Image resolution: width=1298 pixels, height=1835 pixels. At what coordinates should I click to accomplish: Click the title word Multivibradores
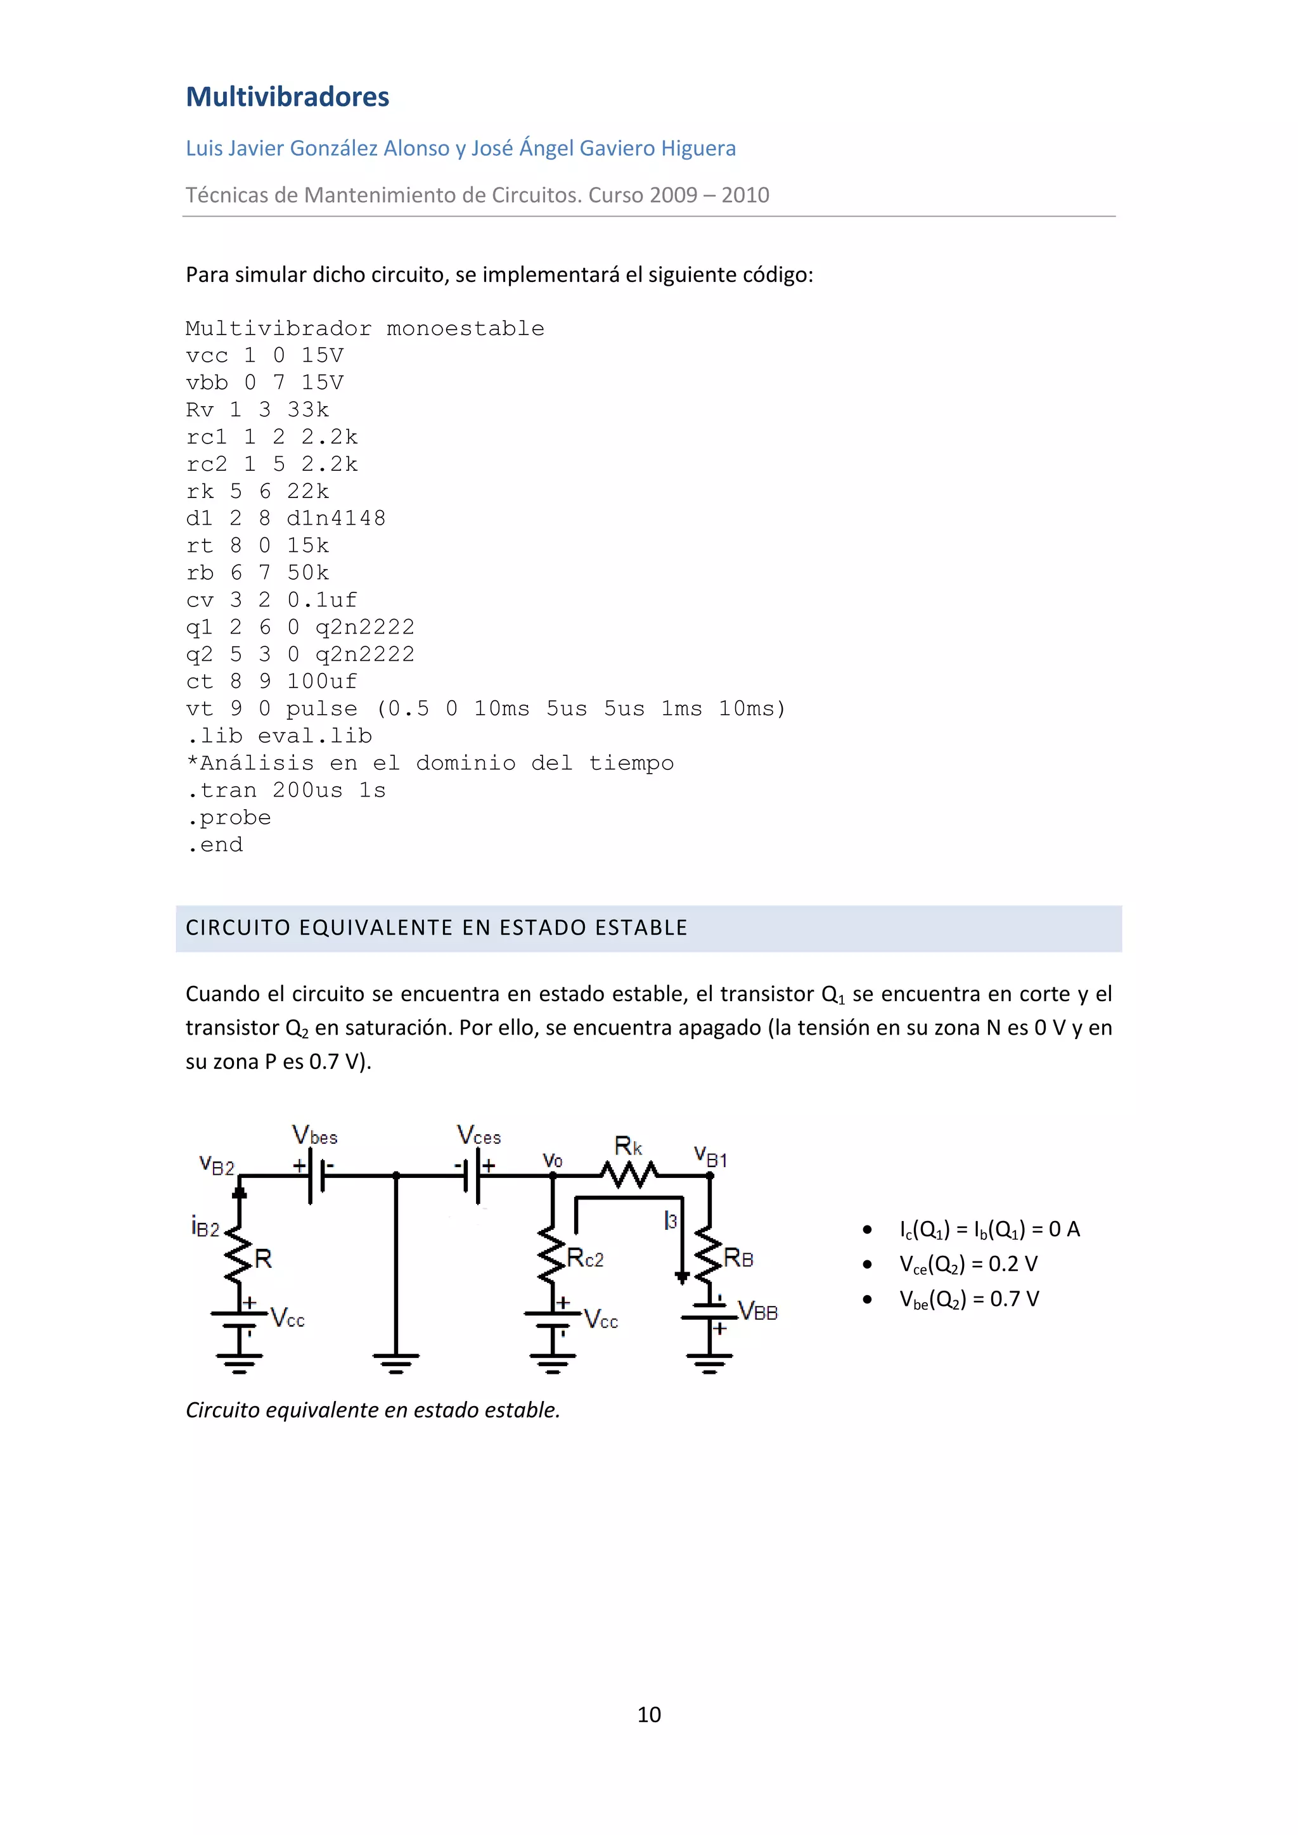[x=287, y=97]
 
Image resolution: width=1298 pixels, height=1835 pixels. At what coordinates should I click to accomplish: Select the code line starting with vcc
[x=264, y=355]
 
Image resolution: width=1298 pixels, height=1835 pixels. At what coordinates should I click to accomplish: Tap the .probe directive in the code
[x=229, y=817]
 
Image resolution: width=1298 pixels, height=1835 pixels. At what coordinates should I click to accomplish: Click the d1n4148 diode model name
[x=337, y=519]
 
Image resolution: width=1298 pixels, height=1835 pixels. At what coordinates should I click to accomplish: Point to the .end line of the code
[x=215, y=845]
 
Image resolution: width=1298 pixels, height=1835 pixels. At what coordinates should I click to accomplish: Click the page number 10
[x=649, y=1715]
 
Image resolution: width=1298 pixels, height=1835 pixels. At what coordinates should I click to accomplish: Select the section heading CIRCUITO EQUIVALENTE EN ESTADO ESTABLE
[x=437, y=928]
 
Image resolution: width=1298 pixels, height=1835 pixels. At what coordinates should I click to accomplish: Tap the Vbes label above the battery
[x=315, y=1135]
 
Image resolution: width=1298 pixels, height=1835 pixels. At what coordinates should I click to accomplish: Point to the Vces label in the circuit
[x=479, y=1135]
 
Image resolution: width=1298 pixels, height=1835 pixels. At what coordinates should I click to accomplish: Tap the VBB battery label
[x=758, y=1312]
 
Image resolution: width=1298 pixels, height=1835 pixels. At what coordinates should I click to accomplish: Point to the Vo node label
[x=552, y=1160]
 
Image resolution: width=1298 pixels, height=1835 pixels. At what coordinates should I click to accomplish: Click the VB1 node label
[x=710, y=1156]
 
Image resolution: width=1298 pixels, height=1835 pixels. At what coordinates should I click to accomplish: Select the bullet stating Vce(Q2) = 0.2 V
[x=968, y=1264]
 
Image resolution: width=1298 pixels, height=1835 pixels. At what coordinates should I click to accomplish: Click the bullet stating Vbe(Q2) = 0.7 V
[x=968, y=1300]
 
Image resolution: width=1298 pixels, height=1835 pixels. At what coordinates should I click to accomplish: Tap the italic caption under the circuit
[x=373, y=1410]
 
